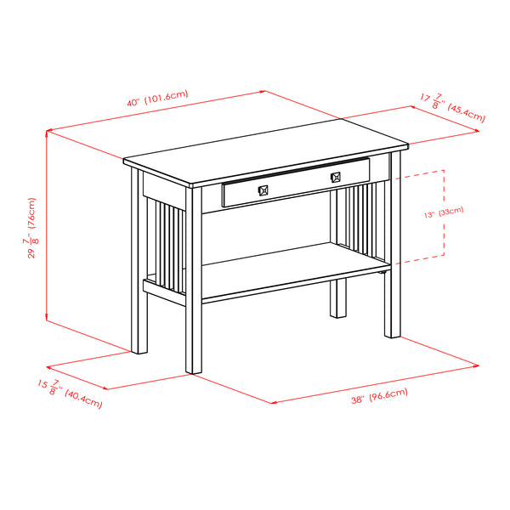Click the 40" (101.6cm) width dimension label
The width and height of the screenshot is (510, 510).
(x=157, y=99)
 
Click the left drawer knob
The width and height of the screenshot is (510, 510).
(x=263, y=190)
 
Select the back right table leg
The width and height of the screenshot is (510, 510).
(x=393, y=255)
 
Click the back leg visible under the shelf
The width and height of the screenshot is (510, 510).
(x=339, y=297)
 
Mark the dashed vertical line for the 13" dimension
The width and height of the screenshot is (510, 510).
(x=445, y=212)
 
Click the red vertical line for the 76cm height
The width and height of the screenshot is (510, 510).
(x=46, y=228)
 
